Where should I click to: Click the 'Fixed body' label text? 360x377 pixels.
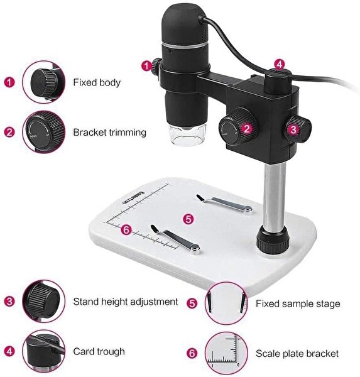97,82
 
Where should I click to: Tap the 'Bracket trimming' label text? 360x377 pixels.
110,133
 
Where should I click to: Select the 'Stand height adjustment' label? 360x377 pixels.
126,302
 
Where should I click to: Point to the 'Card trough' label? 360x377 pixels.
99,351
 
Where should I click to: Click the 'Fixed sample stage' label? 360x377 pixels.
298,303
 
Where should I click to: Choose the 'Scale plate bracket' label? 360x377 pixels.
297,353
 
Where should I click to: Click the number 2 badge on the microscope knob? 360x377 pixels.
247,129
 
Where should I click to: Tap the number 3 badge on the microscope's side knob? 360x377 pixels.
293,129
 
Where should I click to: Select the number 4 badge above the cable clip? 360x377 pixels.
279,65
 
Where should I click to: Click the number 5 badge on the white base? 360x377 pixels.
188,219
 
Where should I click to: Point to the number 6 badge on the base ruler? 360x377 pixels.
126,230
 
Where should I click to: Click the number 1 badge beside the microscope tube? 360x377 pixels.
146,66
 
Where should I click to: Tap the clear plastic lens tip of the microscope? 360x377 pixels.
188,135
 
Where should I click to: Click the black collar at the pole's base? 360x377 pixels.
273,240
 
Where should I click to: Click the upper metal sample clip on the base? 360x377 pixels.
225,204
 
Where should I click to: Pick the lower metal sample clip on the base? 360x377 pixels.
175,239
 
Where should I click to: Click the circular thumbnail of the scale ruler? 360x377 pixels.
226,353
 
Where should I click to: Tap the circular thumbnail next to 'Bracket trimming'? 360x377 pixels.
43,132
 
